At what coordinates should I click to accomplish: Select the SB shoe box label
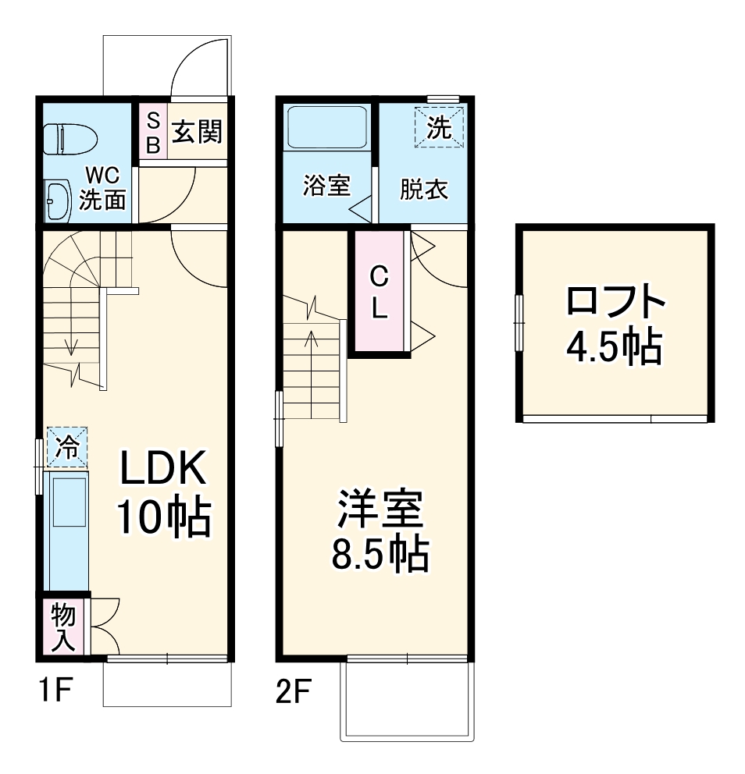click(153, 132)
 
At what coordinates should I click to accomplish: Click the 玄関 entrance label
click(197, 132)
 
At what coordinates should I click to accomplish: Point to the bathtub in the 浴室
click(327, 127)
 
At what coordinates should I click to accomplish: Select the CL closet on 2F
click(379, 292)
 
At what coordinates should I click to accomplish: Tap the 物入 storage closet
click(63, 627)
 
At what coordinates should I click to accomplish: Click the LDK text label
click(162, 470)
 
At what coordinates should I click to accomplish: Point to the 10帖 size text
click(163, 517)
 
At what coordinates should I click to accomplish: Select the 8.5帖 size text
click(380, 555)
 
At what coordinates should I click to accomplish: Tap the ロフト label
click(615, 302)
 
